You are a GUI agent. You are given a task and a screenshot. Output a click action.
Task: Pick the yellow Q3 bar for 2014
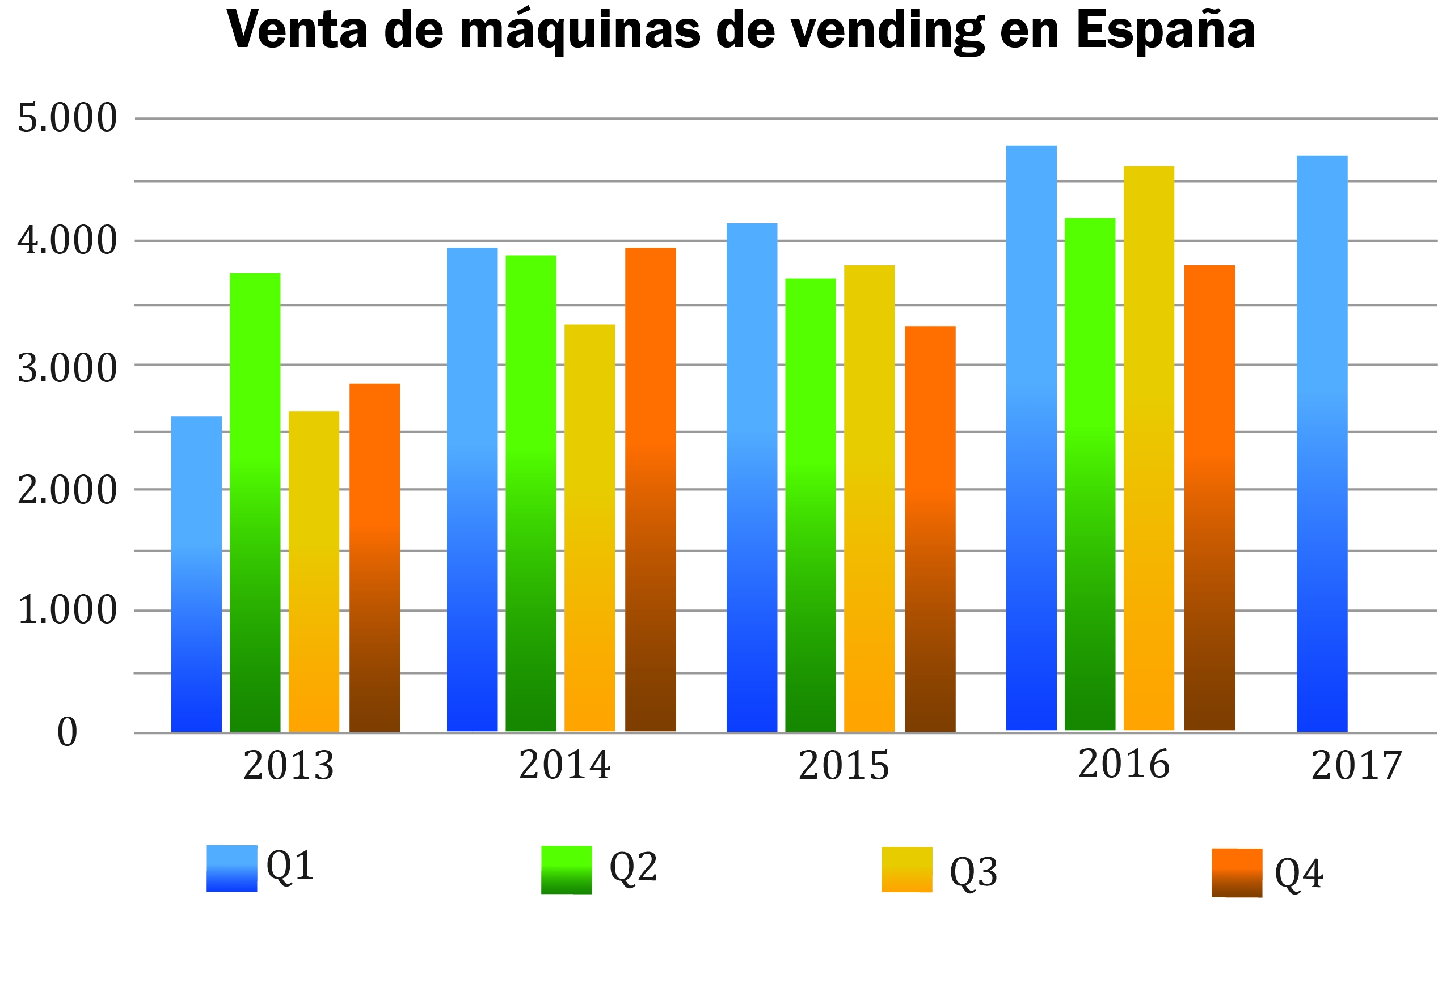589,528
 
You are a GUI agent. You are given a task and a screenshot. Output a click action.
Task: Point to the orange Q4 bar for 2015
930,529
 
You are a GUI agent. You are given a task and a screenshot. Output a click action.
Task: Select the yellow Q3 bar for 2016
1149,448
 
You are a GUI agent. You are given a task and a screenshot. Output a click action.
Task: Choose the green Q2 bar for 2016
1090,474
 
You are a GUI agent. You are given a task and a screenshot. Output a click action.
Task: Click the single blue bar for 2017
1322,444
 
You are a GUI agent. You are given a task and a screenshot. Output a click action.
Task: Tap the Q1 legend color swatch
231,868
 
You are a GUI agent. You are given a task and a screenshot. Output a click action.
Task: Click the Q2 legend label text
632,867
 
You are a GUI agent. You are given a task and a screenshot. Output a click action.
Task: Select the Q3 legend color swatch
907,870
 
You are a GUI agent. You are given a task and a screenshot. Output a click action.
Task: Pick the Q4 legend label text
1298,874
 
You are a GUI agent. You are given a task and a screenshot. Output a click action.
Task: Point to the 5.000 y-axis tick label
67,117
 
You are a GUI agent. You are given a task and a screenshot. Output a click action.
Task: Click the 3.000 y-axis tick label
67,368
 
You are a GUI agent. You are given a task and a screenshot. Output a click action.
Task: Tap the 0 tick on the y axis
67,732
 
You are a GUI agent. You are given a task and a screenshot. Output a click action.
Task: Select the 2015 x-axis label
844,765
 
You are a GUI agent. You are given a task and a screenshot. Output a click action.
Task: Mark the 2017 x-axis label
1356,765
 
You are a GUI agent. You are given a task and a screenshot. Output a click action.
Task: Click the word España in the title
1165,30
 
